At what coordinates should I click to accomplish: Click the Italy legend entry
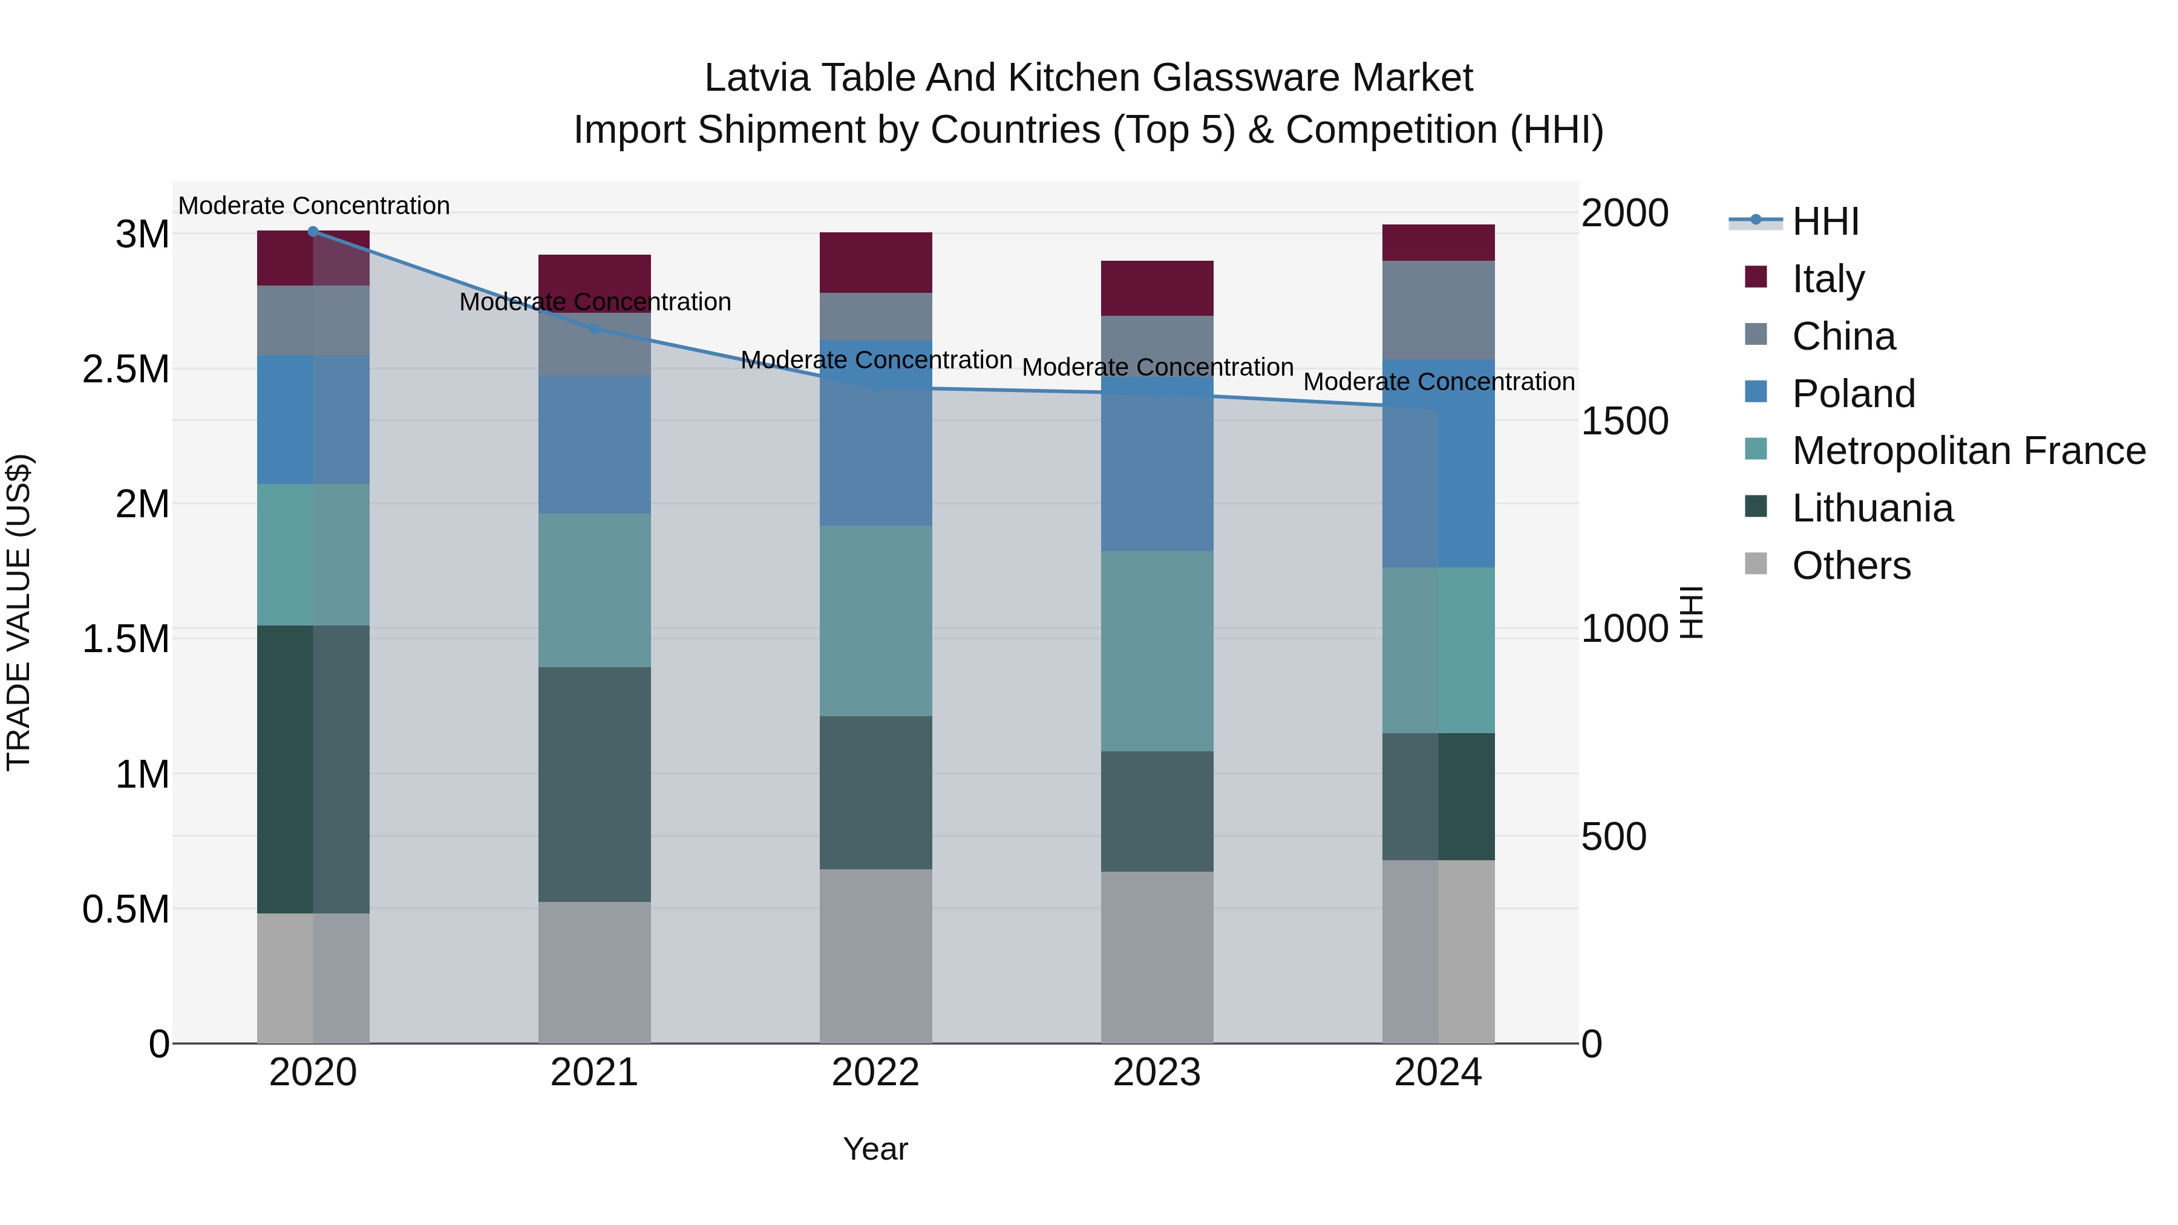1827,279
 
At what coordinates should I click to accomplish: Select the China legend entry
1843,336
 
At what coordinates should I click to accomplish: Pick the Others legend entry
1851,566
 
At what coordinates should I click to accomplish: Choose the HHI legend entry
1825,221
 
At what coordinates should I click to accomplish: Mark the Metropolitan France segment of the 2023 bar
1157,651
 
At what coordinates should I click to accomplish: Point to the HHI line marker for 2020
313,232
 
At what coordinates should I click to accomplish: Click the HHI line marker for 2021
594,329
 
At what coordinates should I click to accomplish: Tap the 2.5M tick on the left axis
126,370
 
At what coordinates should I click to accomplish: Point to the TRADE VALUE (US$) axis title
19,612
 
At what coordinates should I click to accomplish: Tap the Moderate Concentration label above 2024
1438,382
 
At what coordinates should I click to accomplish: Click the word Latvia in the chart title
757,78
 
